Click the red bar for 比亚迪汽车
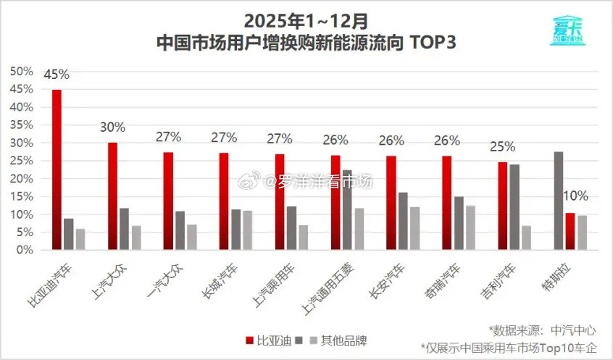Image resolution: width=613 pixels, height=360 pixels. (x=57, y=170)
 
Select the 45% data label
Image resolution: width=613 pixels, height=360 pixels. (x=57, y=74)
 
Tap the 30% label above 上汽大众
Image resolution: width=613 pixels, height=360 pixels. (x=112, y=127)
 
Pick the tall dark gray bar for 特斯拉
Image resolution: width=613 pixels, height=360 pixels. (x=557, y=201)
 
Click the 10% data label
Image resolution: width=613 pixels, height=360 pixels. (x=575, y=196)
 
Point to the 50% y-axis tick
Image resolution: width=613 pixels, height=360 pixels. (x=21, y=71)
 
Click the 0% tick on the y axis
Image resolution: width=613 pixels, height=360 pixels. (x=24, y=250)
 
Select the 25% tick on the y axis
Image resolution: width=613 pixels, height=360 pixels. (x=21, y=161)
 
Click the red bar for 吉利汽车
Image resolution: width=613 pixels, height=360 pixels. (x=502, y=206)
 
